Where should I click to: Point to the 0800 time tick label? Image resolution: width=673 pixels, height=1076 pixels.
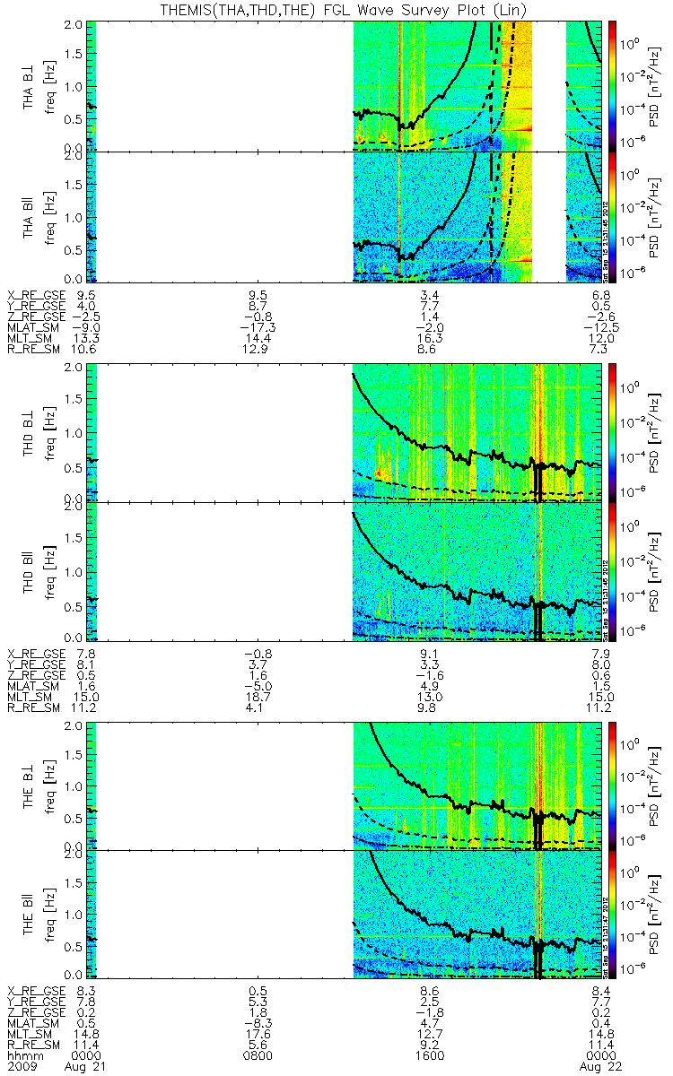click(x=258, y=1056)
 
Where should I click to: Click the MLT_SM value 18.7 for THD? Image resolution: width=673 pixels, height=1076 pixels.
click(x=258, y=697)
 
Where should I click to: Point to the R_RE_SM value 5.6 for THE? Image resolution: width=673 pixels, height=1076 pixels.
click(x=258, y=1046)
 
